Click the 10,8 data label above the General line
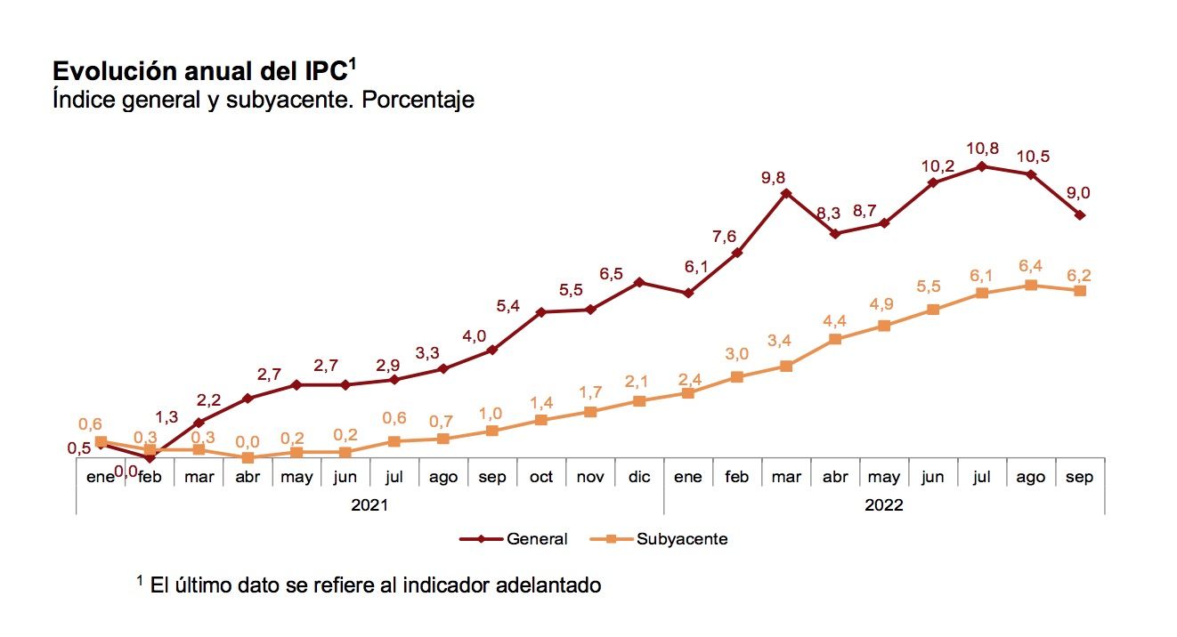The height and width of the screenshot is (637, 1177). (x=984, y=148)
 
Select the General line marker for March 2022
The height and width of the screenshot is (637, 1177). (x=785, y=193)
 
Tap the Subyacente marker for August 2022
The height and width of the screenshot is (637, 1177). (x=1031, y=286)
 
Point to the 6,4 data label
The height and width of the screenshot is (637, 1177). (x=1031, y=265)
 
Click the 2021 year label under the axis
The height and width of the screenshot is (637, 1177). (x=369, y=504)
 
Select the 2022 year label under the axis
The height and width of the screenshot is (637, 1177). (x=883, y=504)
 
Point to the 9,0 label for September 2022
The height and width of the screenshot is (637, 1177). (x=1079, y=192)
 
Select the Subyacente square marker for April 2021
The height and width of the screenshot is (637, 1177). (x=248, y=457)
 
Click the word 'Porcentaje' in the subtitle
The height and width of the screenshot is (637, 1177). (x=418, y=100)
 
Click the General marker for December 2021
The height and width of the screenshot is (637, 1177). (x=638, y=282)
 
